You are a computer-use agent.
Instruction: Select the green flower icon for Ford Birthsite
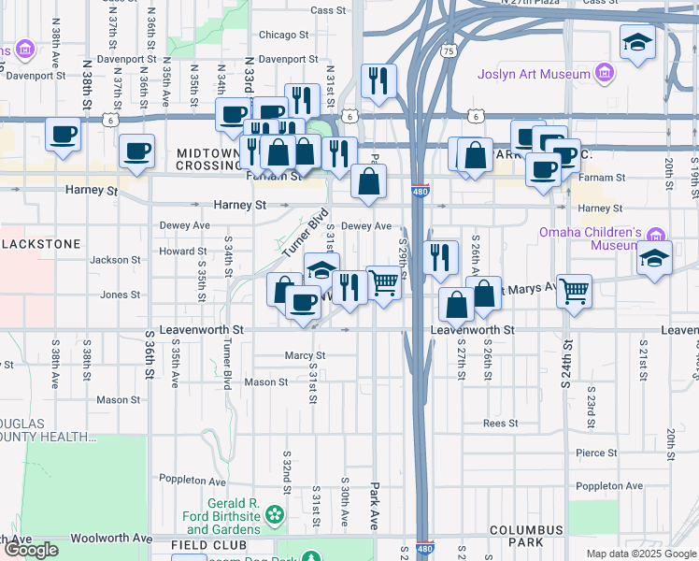[x=274, y=512]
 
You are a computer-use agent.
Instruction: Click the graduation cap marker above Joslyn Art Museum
[x=636, y=42]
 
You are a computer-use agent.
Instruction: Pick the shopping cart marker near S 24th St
[x=573, y=291]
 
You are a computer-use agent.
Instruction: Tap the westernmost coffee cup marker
[x=63, y=135]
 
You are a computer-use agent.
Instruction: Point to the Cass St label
[x=328, y=10]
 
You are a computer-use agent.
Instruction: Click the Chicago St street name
[x=283, y=35]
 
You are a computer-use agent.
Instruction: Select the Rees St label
[x=501, y=423]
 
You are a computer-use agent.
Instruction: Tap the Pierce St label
[x=596, y=453]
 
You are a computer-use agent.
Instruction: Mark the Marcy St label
[x=306, y=355]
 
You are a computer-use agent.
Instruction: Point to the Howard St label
[x=182, y=252]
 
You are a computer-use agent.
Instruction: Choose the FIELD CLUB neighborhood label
[x=208, y=544]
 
